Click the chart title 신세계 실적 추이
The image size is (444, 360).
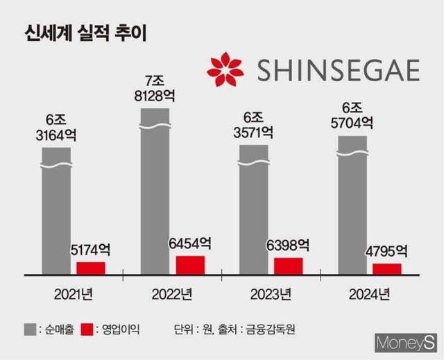tap(85, 33)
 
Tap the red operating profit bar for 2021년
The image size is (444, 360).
tap(91, 267)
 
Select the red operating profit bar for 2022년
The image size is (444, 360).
tap(190, 264)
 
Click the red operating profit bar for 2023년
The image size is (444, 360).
tap(289, 265)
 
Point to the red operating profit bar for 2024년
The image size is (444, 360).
tap(386, 268)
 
